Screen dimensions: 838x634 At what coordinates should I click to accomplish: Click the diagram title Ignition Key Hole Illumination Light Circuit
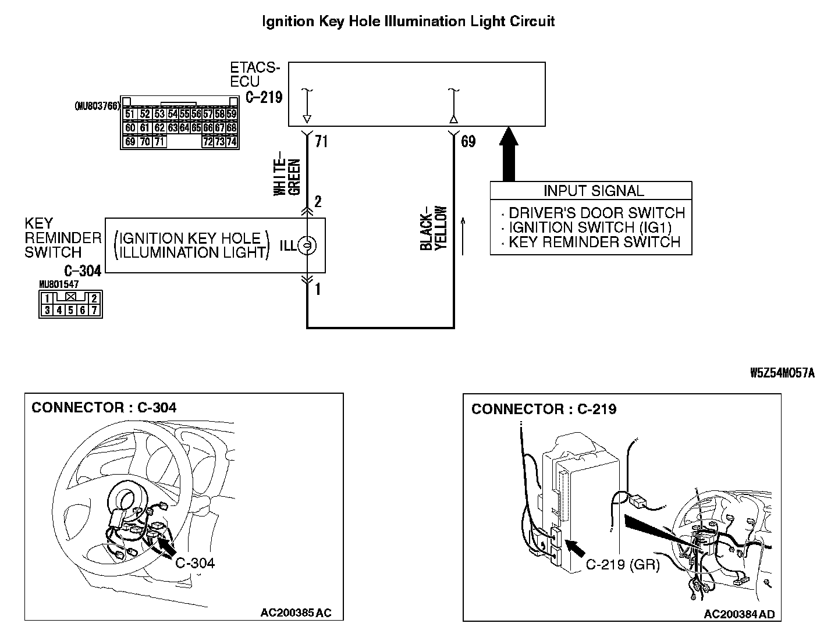(408, 22)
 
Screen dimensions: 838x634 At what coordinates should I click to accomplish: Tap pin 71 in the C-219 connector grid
(159, 141)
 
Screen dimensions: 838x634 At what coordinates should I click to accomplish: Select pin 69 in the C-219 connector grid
(130, 141)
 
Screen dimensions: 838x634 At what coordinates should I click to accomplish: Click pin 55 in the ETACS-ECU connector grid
(185, 113)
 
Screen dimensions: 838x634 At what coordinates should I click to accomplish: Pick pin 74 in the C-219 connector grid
(232, 141)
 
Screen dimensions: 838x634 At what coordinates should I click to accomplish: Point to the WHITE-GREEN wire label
(287, 173)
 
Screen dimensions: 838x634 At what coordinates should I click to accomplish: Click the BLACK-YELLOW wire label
(434, 228)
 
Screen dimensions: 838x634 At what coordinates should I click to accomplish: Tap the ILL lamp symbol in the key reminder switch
(307, 245)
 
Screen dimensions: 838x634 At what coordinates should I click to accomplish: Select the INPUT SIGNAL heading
(594, 190)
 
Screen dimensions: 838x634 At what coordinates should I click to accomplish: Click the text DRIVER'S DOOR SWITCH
(596, 212)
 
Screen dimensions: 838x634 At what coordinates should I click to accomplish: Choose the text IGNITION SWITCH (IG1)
(590, 227)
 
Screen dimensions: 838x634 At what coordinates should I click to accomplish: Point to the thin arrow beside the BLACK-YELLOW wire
(463, 236)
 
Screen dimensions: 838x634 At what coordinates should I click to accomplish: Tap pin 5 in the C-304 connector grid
(70, 310)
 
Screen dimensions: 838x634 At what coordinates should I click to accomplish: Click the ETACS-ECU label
(255, 74)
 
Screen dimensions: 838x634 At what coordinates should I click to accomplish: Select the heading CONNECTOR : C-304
(104, 407)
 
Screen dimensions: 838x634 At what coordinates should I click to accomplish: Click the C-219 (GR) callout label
(623, 564)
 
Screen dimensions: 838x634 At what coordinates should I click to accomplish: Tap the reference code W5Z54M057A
(782, 373)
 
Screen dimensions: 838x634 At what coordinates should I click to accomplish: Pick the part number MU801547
(59, 284)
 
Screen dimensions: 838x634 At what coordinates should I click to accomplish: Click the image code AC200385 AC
(296, 612)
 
